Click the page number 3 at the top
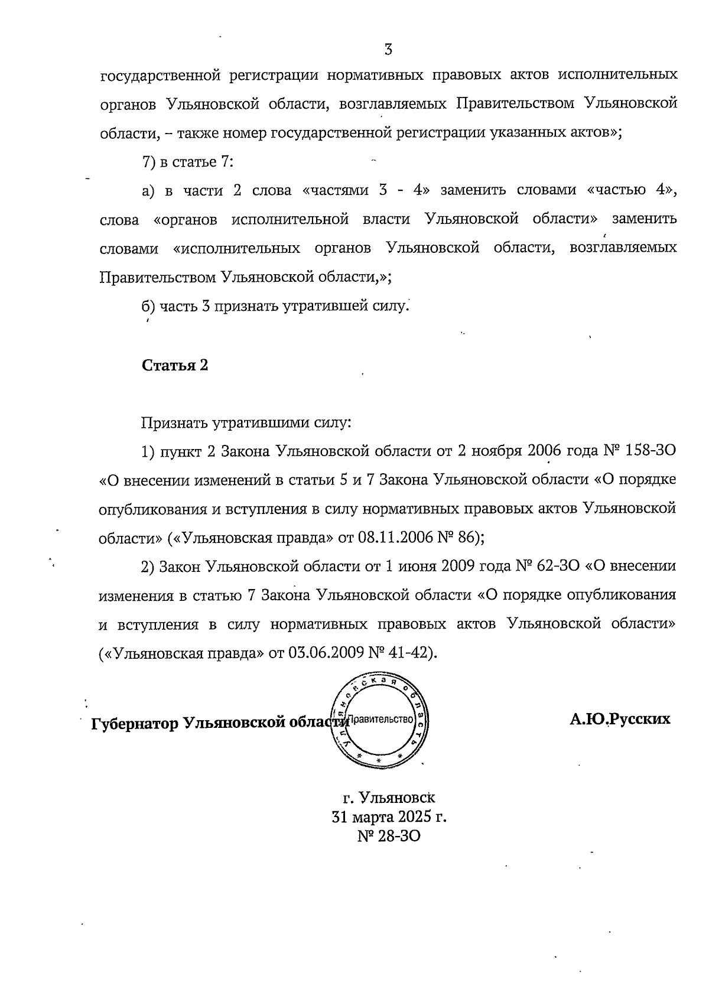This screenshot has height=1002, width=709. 388,50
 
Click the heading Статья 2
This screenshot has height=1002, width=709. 175,365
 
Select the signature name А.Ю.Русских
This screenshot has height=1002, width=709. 620,719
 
